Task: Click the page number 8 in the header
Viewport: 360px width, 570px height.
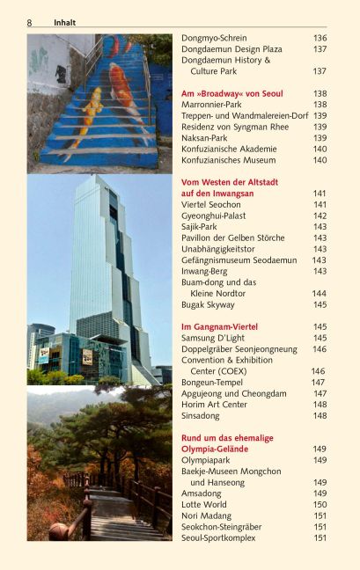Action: [29, 22]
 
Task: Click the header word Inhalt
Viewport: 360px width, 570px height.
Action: [65, 22]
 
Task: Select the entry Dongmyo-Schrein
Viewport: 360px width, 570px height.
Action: [214, 39]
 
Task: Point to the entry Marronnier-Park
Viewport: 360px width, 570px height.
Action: [211, 105]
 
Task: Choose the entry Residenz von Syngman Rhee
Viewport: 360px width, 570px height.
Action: [235, 127]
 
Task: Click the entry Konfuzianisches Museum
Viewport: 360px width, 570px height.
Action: [229, 160]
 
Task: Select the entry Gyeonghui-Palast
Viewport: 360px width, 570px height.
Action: [216, 216]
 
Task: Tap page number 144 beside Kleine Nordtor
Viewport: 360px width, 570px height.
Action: [319, 294]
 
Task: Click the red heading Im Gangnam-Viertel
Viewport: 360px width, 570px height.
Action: [220, 327]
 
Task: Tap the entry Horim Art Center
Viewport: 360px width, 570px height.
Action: [214, 405]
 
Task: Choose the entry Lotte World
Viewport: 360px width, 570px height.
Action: [205, 505]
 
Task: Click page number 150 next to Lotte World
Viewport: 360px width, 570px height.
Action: [320, 505]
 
